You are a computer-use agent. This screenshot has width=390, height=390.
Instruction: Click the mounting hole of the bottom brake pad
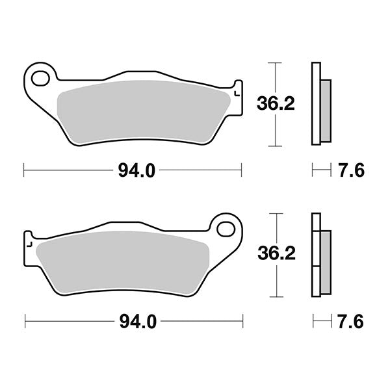coord(226,229)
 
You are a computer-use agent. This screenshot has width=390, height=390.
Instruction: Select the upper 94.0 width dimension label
coord(136,171)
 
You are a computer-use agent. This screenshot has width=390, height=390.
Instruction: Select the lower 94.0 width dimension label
coord(136,321)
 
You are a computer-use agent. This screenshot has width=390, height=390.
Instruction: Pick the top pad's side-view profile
coord(318,104)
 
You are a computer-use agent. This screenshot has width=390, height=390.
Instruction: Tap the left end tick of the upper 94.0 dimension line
coord(24,171)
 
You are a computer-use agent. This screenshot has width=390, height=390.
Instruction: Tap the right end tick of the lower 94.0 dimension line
coord(243,321)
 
